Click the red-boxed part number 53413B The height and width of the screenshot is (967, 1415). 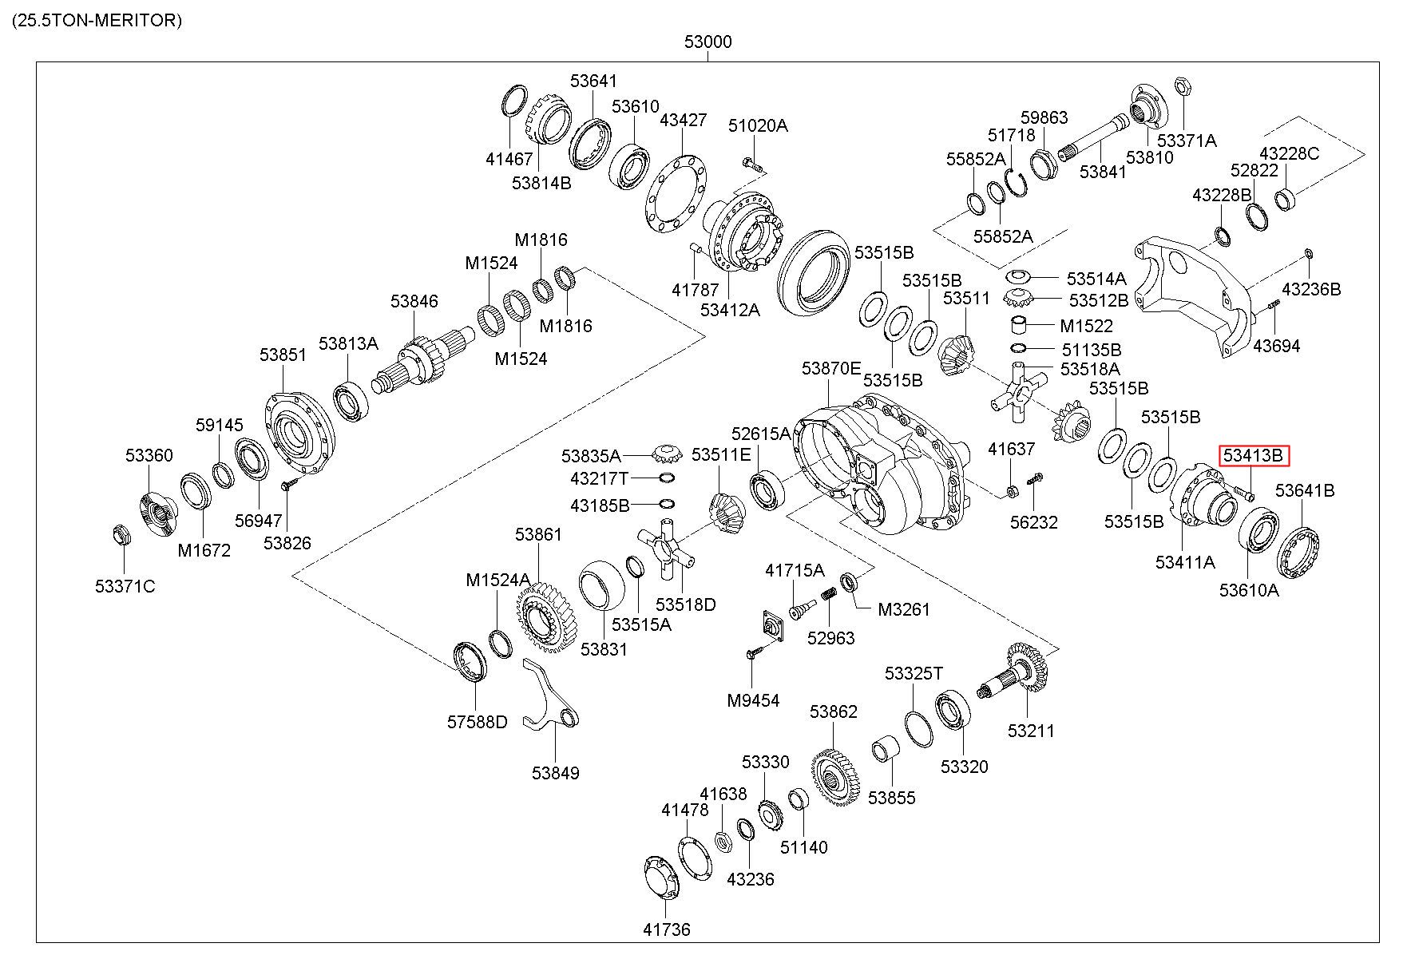(x=1253, y=456)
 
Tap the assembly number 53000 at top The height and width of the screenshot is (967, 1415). (x=707, y=42)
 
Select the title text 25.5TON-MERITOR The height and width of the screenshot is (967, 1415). (x=97, y=21)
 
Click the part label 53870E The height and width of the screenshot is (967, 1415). (x=831, y=368)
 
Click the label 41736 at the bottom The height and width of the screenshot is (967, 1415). (x=666, y=929)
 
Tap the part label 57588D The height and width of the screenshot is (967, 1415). (x=477, y=723)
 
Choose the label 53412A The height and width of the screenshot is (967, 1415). (x=730, y=310)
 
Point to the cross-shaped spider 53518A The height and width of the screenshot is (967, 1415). (x=1018, y=392)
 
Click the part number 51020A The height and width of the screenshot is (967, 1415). (x=757, y=125)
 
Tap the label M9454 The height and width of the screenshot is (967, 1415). (x=753, y=701)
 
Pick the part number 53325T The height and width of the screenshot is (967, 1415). (x=914, y=674)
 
